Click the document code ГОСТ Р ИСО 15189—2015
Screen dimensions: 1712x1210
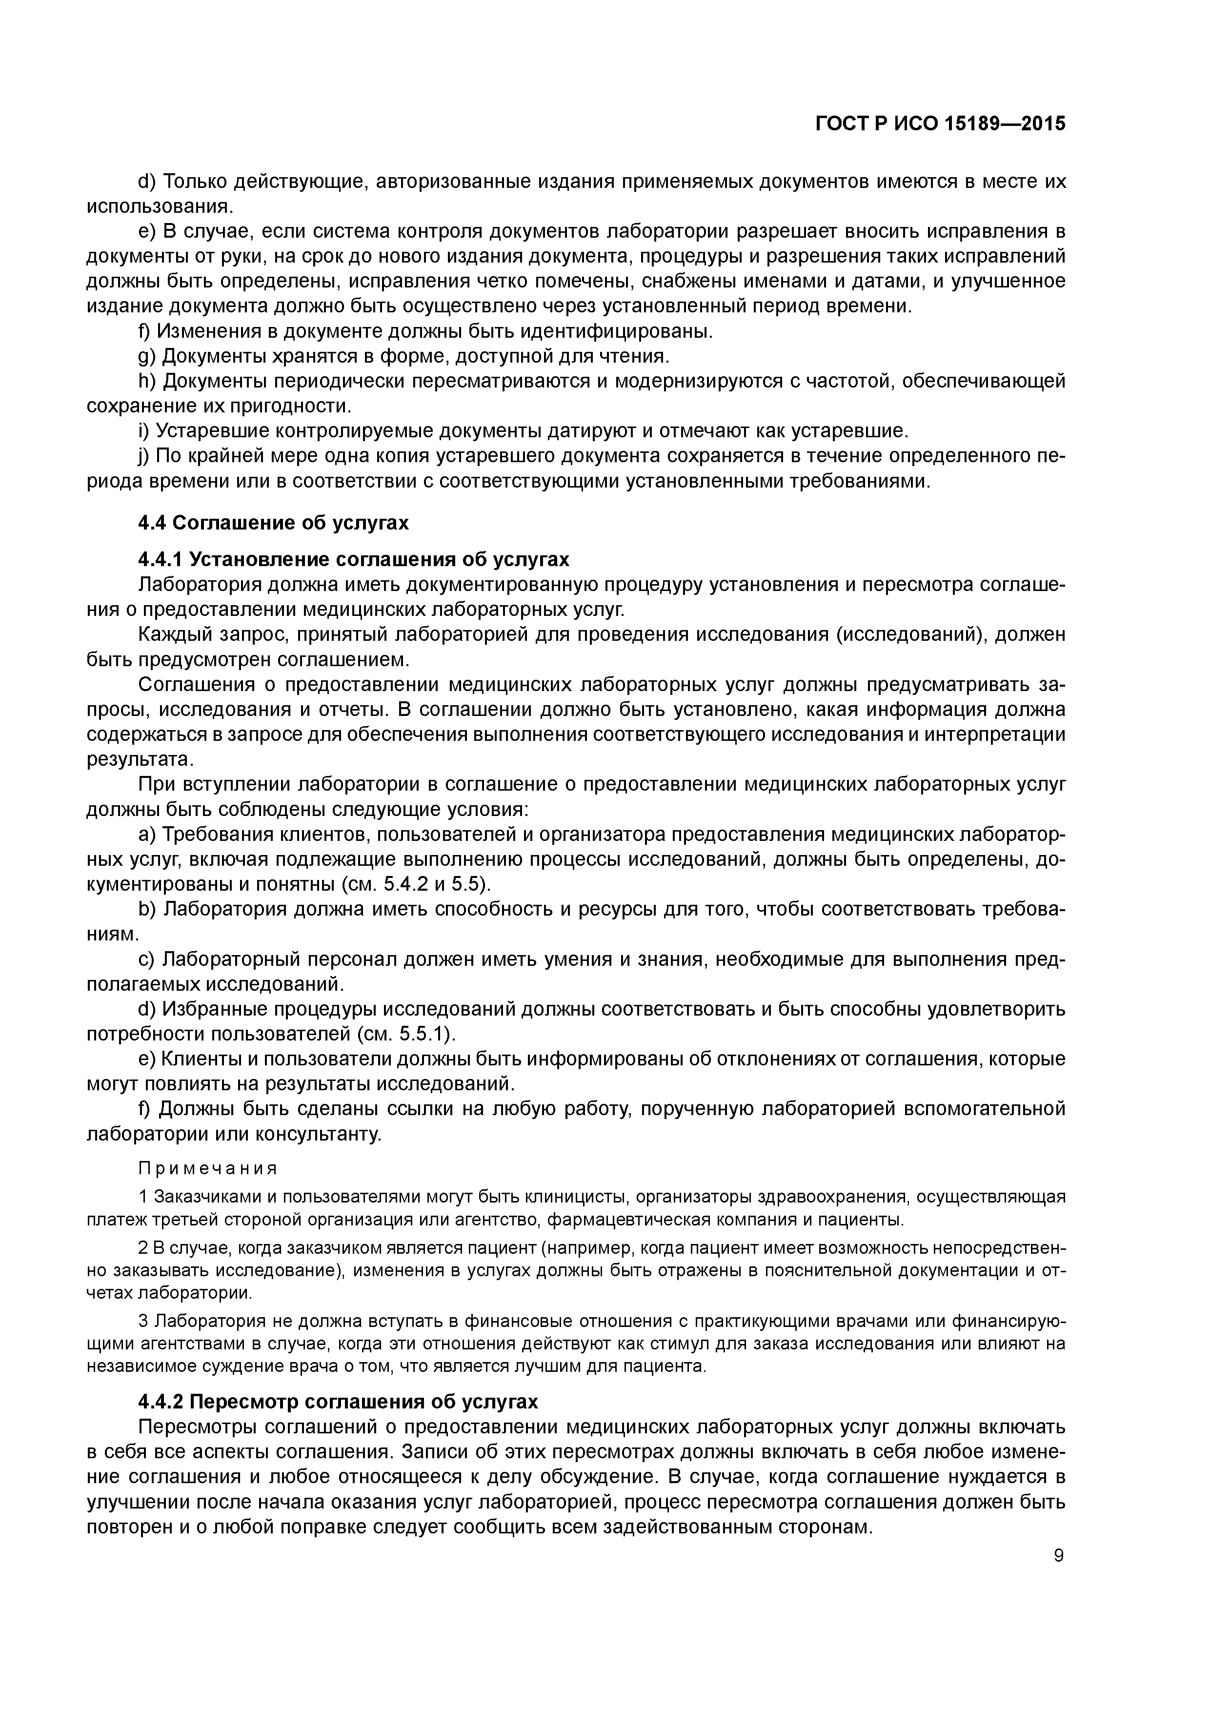[940, 123]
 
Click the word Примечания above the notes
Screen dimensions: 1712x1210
[208, 1168]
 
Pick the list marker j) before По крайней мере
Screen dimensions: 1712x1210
[144, 456]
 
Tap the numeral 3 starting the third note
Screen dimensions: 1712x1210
[143, 1321]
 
